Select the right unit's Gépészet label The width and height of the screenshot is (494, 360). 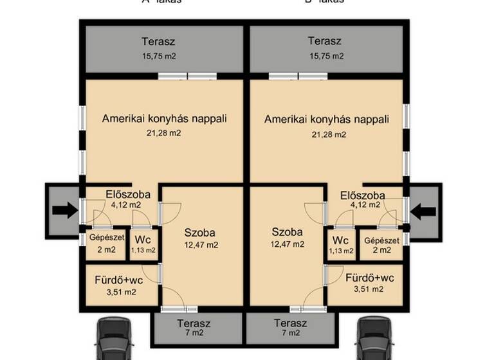click(x=381, y=240)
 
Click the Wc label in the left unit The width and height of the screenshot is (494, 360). click(x=143, y=240)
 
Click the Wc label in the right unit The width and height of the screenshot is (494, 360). click(x=340, y=240)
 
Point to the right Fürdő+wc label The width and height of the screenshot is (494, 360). click(x=369, y=278)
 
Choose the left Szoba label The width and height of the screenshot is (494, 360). click(x=199, y=233)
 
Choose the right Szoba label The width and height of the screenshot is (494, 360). click(x=287, y=232)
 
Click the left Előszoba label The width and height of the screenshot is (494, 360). click(x=128, y=194)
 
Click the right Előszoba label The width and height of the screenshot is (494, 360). click(x=363, y=195)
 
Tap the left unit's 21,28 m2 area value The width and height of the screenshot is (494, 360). click(x=164, y=133)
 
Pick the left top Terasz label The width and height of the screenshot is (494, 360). click(x=159, y=42)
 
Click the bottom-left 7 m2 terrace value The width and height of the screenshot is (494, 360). click(x=194, y=334)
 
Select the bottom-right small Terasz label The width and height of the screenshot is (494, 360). click(x=290, y=323)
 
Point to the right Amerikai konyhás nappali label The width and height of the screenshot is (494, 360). click(x=327, y=120)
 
